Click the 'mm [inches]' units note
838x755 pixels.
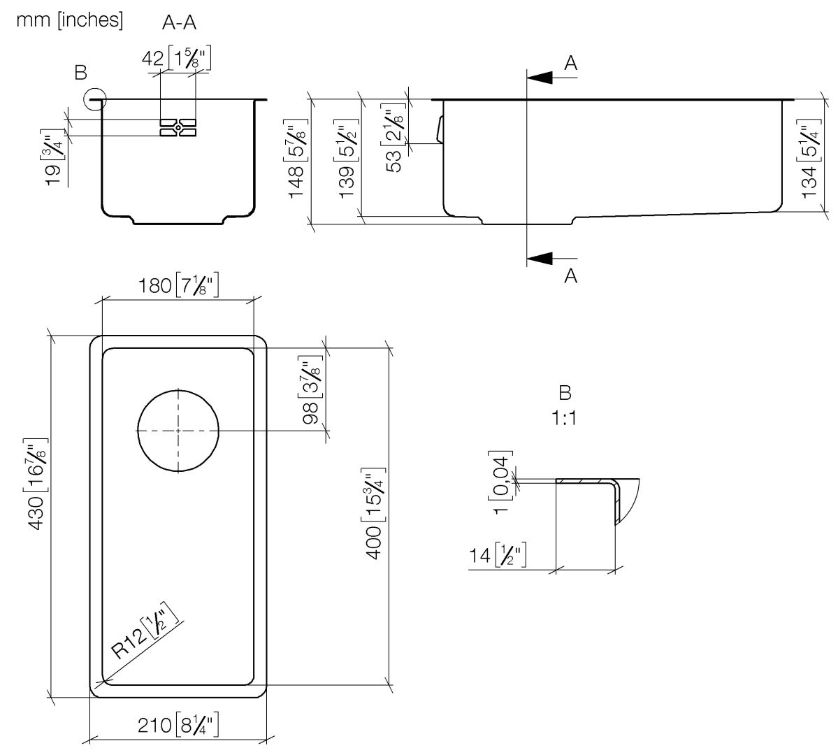click(x=69, y=21)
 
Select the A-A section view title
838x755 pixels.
click(x=179, y=23)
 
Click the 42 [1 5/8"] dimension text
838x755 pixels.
click(x=176, y=59)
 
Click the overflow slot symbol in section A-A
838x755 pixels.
click(x=178, y=128)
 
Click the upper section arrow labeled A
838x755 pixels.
click(x=552, y=77)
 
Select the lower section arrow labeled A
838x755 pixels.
click(x=552, y=259)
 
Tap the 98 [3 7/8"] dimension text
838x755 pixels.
click(x=312, y=391)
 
